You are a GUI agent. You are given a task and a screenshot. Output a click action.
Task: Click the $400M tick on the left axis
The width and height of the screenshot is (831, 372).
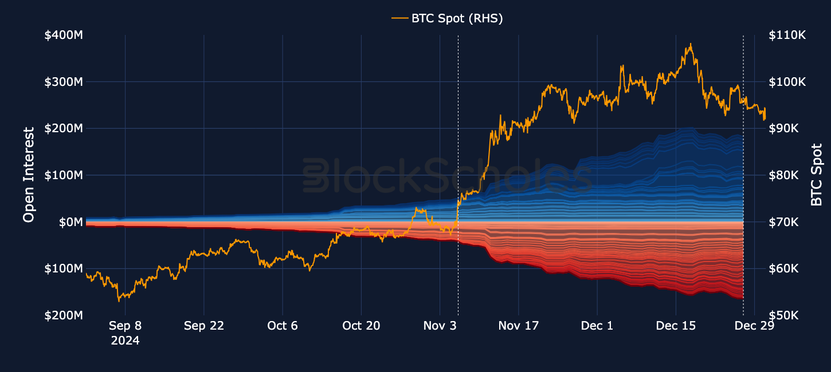(x=64, y=35)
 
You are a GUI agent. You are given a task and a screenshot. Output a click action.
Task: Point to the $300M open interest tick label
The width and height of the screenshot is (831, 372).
(x=64, y=82)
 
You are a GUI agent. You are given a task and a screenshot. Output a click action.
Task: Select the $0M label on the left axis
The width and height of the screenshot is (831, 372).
(x=70, y=222)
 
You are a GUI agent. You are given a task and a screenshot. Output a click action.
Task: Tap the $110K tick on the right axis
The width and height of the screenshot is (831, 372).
(x=787, y=35)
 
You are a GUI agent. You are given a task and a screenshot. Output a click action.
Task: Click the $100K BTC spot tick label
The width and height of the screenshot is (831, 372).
(x=787, y=82)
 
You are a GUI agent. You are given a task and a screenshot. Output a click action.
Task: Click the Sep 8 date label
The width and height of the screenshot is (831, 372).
(x=125, y=326)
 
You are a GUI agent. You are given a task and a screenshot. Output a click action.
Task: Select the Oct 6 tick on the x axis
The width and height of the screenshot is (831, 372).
(x=283, y=326)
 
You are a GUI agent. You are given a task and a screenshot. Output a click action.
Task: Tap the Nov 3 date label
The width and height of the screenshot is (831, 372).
(x=440, y=326)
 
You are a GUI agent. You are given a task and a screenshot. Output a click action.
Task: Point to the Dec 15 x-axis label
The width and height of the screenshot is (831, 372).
(x=676, y=326)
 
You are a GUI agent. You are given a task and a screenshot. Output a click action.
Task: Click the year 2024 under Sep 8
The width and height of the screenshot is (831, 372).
(x=125, y=341)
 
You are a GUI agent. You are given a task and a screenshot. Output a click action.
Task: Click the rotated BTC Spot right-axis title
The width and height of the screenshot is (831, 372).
(x=817, y=175)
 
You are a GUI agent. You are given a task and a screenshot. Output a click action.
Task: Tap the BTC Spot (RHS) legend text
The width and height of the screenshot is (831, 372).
(x=457, y=18)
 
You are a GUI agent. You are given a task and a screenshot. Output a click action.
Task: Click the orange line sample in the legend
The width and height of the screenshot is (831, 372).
(x=399, y=18)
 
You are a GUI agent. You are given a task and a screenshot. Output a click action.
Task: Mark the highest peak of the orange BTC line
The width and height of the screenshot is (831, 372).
(x=691, y=43)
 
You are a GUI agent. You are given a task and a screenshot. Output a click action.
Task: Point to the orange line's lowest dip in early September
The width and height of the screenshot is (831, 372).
(x=119, y=300)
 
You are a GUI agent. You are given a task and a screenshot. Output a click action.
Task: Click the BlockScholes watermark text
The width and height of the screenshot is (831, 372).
(x=447, y=176)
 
